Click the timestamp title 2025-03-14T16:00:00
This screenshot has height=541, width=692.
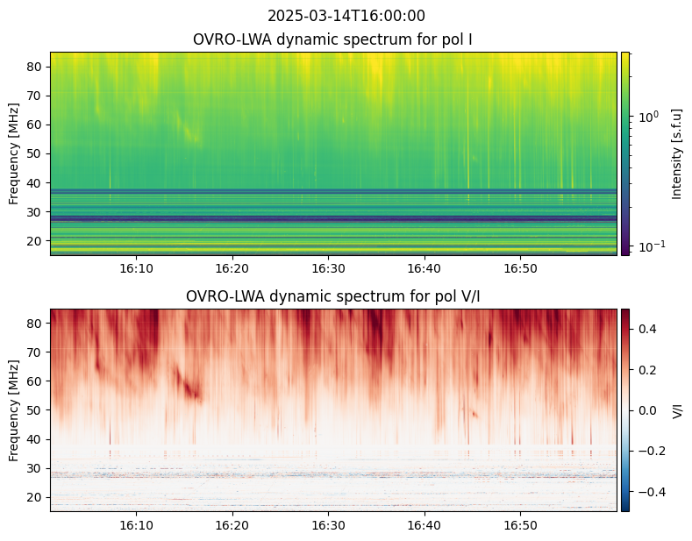coord(346,16)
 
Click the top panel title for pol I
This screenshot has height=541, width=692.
coord(332,39)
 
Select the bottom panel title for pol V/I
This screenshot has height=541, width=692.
coord(332,296)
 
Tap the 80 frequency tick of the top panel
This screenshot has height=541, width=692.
coord(35,67)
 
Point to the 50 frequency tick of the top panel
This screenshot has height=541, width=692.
coord(35,154)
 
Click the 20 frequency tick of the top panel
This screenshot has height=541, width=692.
coord(35,241)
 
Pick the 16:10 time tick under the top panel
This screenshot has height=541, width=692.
coord(136,268)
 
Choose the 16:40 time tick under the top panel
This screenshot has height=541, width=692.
coord(424,268)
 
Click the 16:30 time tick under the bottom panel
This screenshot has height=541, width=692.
coord(328,525)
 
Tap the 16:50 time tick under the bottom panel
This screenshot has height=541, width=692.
coord(521,525)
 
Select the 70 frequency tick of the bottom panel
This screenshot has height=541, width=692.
coord(35,352)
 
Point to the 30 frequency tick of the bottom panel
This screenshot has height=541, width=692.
coord(35,468)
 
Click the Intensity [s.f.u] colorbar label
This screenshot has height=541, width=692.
coord(676,154)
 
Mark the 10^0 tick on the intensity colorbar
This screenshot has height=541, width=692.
coord(649,117)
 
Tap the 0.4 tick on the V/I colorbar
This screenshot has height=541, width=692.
coord(647,329)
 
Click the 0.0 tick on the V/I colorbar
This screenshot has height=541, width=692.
coord(647,410)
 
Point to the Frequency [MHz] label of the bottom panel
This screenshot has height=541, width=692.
coord(14,411)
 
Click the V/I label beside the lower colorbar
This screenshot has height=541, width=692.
coord(677,410)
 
